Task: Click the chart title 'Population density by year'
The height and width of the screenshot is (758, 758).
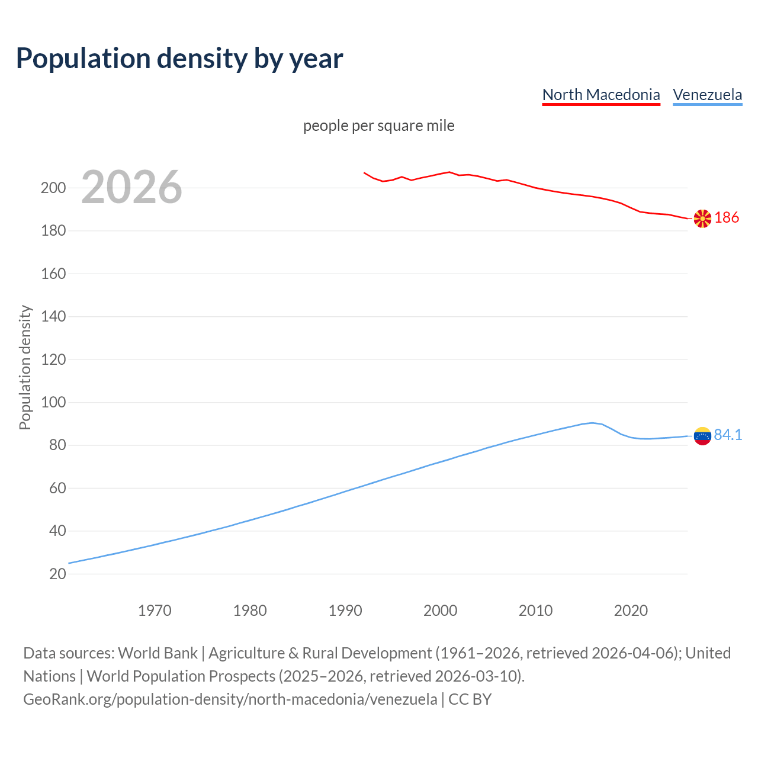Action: pyautogui.click(x=179, y=59)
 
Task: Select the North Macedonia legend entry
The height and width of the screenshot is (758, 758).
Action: pyautogui.click(x=600, y=95)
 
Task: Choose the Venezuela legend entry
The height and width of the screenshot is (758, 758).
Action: pyautogui.click(x=707, y=95)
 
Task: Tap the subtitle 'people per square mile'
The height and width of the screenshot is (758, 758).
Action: pyautogui.click(x=378, y=126)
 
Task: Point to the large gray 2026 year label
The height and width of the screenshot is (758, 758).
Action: pyautogui.click(x=131, y=187)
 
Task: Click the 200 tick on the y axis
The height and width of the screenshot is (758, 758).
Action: pyautogui.click(x=53, y=188)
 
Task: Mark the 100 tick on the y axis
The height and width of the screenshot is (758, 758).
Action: pyautogui.click(x=53, y=403)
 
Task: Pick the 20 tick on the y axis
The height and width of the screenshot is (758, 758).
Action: pyautogui.click(x=57, y=574)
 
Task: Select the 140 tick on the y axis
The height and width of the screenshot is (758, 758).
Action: pyautogui.click(x=53, y=317)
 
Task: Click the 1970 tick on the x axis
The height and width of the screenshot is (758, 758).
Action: pyautogui.click(x=155, y=611)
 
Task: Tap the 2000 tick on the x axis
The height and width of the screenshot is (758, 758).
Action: pyautogui.click(x=440, y=611)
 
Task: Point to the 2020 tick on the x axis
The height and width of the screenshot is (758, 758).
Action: pyautogui.click(x=631, y=611)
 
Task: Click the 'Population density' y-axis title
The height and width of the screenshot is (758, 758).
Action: pyautogui.click(x=25, y=367)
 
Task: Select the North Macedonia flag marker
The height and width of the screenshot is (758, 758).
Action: pyautogui.click(x=702, y=219)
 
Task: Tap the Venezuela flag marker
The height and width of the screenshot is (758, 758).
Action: pyautogui.click(x=702, y=436)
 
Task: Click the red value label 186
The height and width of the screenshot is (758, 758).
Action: pyautogui.click(x=727, y=218)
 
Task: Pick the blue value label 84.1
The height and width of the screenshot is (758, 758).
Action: pyautogui.click(x=728, y=435)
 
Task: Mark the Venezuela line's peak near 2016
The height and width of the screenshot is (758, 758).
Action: pyautogui.click(x=592, y=423)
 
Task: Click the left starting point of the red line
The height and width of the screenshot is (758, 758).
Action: pyautogui.click(x=364, y=173)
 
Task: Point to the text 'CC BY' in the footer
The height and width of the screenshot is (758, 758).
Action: pyautogui.click(x=470, y=699)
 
